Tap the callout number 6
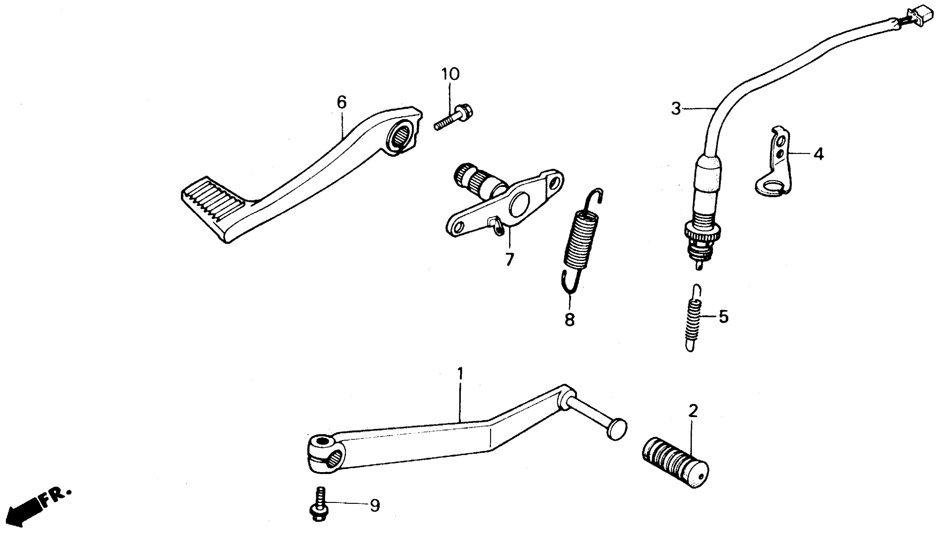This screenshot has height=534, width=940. click(x=341, y=102)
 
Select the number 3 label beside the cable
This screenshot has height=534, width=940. click(x=676, y=109)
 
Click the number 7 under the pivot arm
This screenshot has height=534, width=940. click(x=509, y=260)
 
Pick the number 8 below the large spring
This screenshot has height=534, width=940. click(x=569, y=319)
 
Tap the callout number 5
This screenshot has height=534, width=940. click(x=723, y=317)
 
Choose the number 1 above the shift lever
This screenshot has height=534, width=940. click(x=460, y=374)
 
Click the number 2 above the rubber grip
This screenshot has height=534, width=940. click(x=693, y=411)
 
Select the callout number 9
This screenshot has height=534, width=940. click(x=374, y=506)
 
